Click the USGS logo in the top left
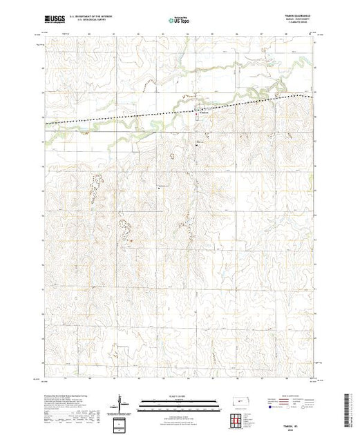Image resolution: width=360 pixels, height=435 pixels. pos(57,20)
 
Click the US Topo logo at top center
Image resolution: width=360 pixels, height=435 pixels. pos(180,20)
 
